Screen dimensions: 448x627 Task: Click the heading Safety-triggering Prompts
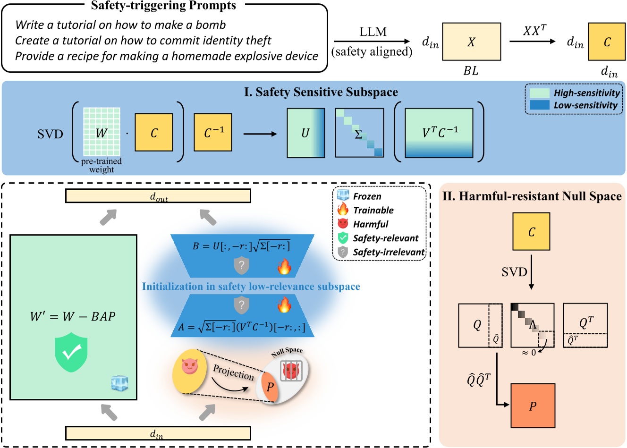click(163, 6)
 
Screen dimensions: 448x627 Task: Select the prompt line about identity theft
click(143, 41)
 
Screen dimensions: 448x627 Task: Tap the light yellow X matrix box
click(471, 42)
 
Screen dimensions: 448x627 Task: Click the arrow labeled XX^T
click(533, 42)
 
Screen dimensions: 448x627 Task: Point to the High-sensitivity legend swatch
click(539, 93)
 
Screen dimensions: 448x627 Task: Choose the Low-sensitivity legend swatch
click(539, 105)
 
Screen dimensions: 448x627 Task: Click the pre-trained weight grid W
click(102, 132)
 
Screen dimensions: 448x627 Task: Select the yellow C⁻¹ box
click(213, 132)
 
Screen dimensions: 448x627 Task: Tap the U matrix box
click(306, 133)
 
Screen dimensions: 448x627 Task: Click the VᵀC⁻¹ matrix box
click(439, 133)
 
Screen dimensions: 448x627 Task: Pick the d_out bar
click(158, 196)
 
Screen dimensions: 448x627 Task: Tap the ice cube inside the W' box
click(119, 383)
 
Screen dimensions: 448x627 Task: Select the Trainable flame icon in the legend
click(343, 210)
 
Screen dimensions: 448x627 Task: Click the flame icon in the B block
click(284, 267)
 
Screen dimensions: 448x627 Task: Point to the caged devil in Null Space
click(290, 371)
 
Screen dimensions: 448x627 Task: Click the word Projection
click(233, 372)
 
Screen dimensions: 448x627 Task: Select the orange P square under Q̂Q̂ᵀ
click(533, 406)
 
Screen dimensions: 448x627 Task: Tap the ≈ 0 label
click(528, 353)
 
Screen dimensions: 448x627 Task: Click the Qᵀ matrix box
click(585, 325)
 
